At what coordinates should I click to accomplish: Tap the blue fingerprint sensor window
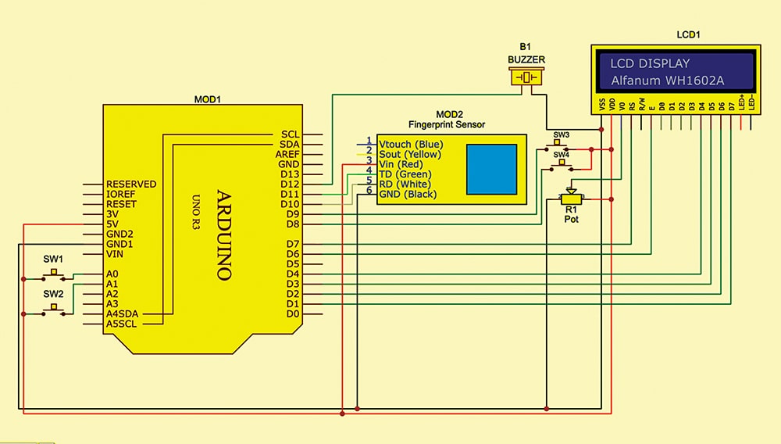(x=492, y=169)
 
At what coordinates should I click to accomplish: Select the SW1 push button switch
(x=54, y=274)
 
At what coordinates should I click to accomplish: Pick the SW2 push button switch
(x=54, y=310)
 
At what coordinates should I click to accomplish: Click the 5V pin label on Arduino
(x=113, y=224)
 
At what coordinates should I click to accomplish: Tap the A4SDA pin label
(x=124, y=313)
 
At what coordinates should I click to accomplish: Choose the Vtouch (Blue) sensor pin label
(x=411, y=145)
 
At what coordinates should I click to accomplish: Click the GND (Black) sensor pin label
(x=408, y=195)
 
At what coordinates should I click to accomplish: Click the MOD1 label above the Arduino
(x=208, y=100)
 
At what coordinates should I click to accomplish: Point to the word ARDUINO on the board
(x=223, y=235)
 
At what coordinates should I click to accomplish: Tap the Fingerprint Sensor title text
(x=447, y=124)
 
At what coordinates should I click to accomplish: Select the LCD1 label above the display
(x=688, y=36)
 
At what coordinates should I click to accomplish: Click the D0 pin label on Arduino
(x=292, y=313)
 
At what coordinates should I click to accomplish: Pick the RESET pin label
(x=121, y=204)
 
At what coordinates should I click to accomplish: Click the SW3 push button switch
(x=561, y=145)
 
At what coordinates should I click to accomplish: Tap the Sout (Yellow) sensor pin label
(x=411, y=155)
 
